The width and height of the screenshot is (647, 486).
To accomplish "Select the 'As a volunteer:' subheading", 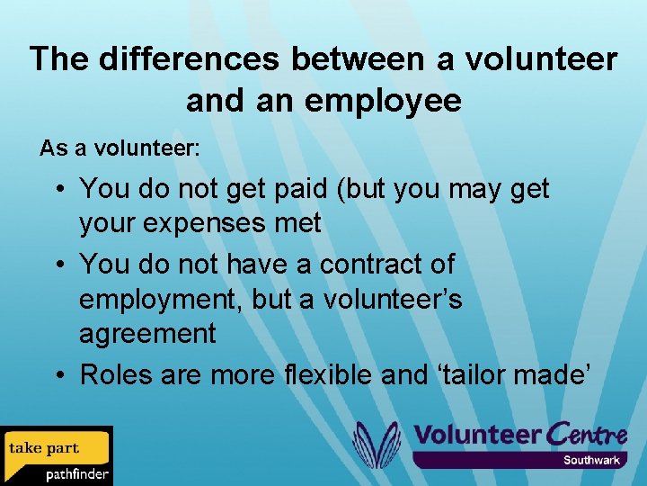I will pyautogui.click(x=120, y=148).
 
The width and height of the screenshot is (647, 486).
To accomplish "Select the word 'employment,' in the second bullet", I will pyautogui.click(x=161, y=300).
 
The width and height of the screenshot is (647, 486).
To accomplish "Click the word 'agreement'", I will pyautogui.click(x=147, y=335).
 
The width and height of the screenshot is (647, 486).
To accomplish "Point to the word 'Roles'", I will pyautogui.click(x=117, y=374).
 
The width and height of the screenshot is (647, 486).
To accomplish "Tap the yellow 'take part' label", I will pyautogui.click(x=44, y=447).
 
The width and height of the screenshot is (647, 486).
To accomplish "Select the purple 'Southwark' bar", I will pyautogui.click(x=518, y=460).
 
